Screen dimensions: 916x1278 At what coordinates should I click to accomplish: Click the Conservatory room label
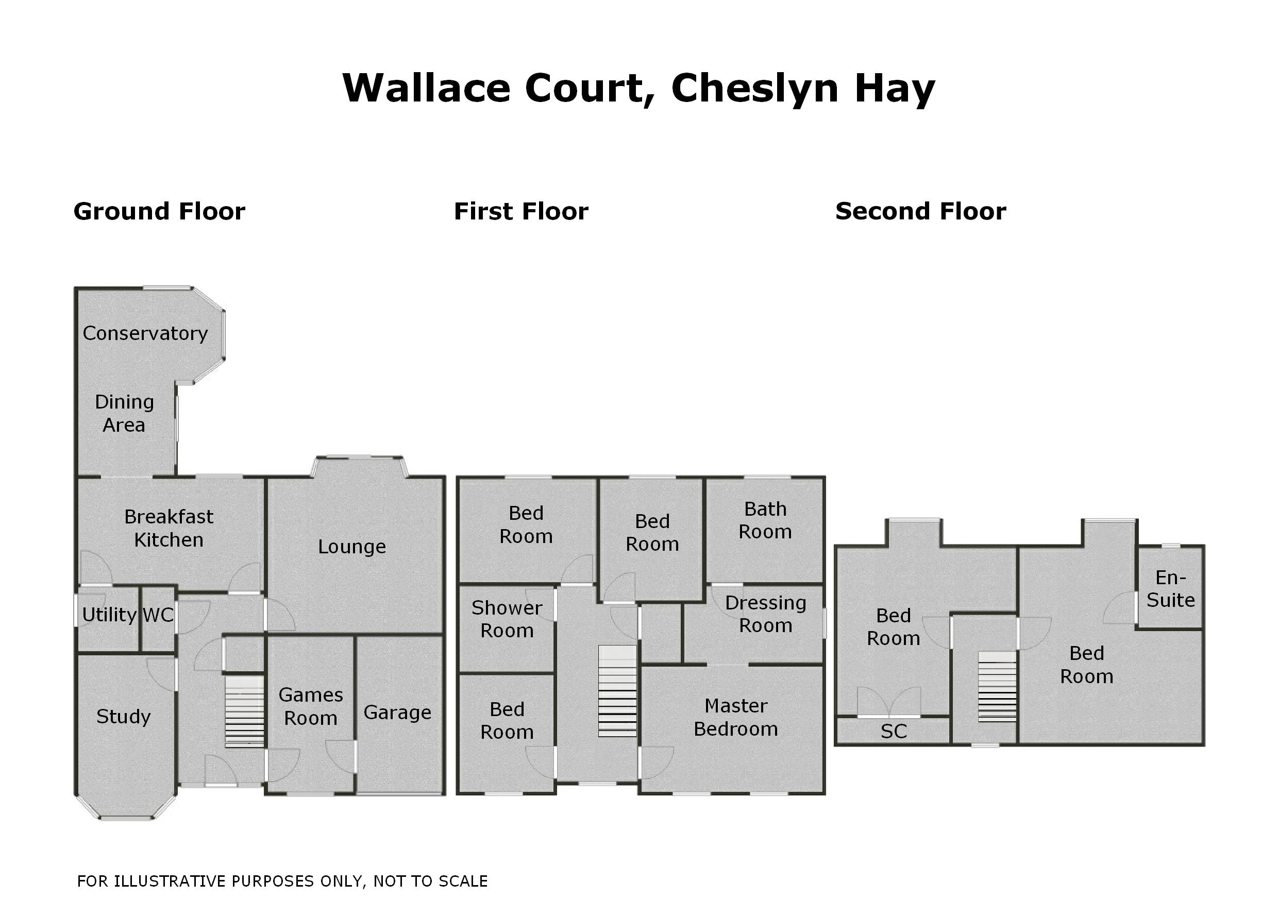[x=145, y=333]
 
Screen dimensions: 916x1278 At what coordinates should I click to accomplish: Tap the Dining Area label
[x=124, y=414]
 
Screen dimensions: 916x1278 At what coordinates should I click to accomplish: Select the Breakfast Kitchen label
[x=169, y=529]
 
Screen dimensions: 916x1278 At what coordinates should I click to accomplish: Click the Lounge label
[x=351, y=547]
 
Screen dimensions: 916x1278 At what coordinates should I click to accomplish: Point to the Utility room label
[x=109, y=615]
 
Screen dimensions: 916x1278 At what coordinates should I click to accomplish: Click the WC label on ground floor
[x=158, y=615]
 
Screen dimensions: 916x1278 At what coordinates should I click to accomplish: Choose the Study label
[x=123, y=717]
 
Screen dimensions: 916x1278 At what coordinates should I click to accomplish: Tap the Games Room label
[x=311, y=706]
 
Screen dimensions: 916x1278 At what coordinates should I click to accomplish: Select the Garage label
[x=397, y=713]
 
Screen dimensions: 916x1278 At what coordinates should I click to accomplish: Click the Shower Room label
[x=507, y=619]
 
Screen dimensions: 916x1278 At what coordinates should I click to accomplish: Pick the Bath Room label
[x=765, y=520]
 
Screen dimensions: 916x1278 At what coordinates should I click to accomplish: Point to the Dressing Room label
[x=765, y=614]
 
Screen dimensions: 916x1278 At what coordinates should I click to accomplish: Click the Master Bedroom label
[x=735, y=717]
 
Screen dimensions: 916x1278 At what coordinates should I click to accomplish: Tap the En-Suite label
[x=1170, y=589]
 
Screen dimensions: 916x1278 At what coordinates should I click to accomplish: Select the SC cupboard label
[x=893, y=732]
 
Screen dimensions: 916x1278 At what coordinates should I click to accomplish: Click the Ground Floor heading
[x=159, y=211]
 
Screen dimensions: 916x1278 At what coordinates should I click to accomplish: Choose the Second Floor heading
[x=920, y=211]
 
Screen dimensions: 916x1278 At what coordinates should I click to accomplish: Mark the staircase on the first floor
[x=617, y=691]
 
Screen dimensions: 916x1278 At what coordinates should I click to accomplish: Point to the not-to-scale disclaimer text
[x=282, y=881]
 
